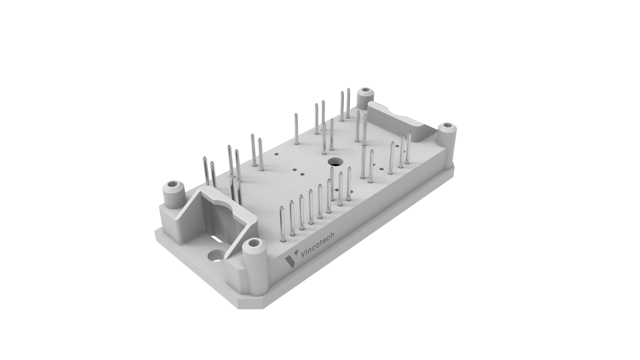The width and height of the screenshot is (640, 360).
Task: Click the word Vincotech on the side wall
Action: (x=317, y=246)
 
